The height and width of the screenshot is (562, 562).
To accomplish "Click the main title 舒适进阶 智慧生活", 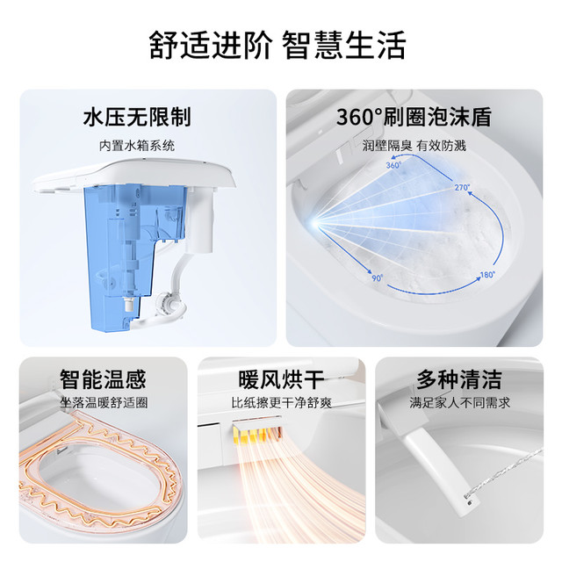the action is (277, 45).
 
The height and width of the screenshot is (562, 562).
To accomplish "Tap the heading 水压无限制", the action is (137, 117).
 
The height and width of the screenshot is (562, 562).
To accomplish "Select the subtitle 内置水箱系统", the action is (137, 146).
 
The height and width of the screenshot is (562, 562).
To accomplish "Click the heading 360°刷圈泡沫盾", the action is (414, 117).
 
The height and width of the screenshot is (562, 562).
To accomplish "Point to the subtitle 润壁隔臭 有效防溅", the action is (414, 146).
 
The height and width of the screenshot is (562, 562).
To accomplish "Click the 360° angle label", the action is (393, 165).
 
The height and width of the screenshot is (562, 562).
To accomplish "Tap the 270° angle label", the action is (462, 187).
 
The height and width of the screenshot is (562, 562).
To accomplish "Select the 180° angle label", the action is (487, 275).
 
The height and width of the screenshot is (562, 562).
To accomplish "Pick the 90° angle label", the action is (377, 277).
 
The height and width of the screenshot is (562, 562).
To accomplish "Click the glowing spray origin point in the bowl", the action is (315, 223).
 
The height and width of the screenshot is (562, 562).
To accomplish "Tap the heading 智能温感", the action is (104, 379).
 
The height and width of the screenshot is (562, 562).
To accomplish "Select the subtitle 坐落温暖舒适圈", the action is (104, 403).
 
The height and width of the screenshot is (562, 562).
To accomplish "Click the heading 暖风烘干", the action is (281, 379).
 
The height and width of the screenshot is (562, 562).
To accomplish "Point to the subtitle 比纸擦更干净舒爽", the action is (281, 403).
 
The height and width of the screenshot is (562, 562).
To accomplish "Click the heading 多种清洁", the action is (459, 379).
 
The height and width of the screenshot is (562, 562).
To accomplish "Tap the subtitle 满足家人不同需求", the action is (459, 403).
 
